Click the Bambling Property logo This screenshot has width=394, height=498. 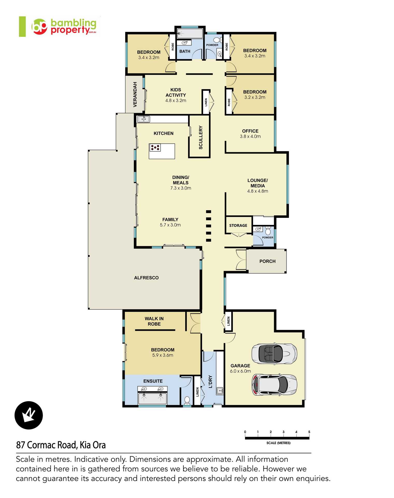click(x=64, y=26)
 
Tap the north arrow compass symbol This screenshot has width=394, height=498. click(x=28, y=415)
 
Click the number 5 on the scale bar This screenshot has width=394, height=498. click(x=309, y=432)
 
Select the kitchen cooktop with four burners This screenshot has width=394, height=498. click(x=155, y=148)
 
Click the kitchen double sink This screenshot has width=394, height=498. click(x=144, y=119)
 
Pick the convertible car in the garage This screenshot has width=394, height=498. click(x=274, y=354)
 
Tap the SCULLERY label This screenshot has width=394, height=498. click(x=200, y=137)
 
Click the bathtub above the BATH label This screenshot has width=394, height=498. click(x=190, y=34)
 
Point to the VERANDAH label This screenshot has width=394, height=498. click(x=135, y=94)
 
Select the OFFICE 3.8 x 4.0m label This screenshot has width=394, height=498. click(x=250, y=134)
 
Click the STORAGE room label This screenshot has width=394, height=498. click(x=238, y=225)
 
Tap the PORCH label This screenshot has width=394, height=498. click(x=267, y=261)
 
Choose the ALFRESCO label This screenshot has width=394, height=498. click(x=146, y=278)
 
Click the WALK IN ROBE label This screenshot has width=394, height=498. click(x=154, y=321)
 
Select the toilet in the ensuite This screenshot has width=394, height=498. click(x=187, y=400)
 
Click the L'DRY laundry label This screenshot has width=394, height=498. click(x=210, y=382)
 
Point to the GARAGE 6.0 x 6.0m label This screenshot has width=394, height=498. click(x=240, y=368)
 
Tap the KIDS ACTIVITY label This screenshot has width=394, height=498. click(x=176, y=95)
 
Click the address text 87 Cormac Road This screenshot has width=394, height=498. click(x=61, y=445)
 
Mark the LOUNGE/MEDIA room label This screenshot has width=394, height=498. click(x=257, y=186)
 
